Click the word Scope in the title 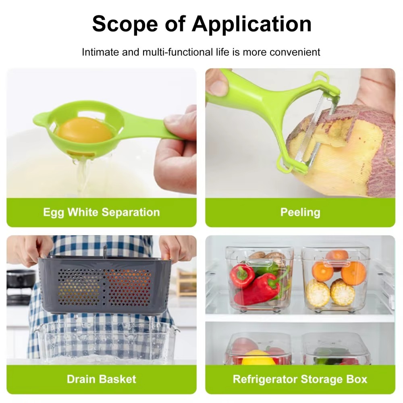point(125,24)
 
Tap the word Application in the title point(251,24)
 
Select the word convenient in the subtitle point(295,52)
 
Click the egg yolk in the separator point(84,129)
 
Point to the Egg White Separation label point(102,212)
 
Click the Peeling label point(300,212)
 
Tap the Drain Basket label point(102,379)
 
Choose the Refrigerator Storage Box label point(300,379)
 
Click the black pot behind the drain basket point(21,285)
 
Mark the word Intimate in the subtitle point(100,52)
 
